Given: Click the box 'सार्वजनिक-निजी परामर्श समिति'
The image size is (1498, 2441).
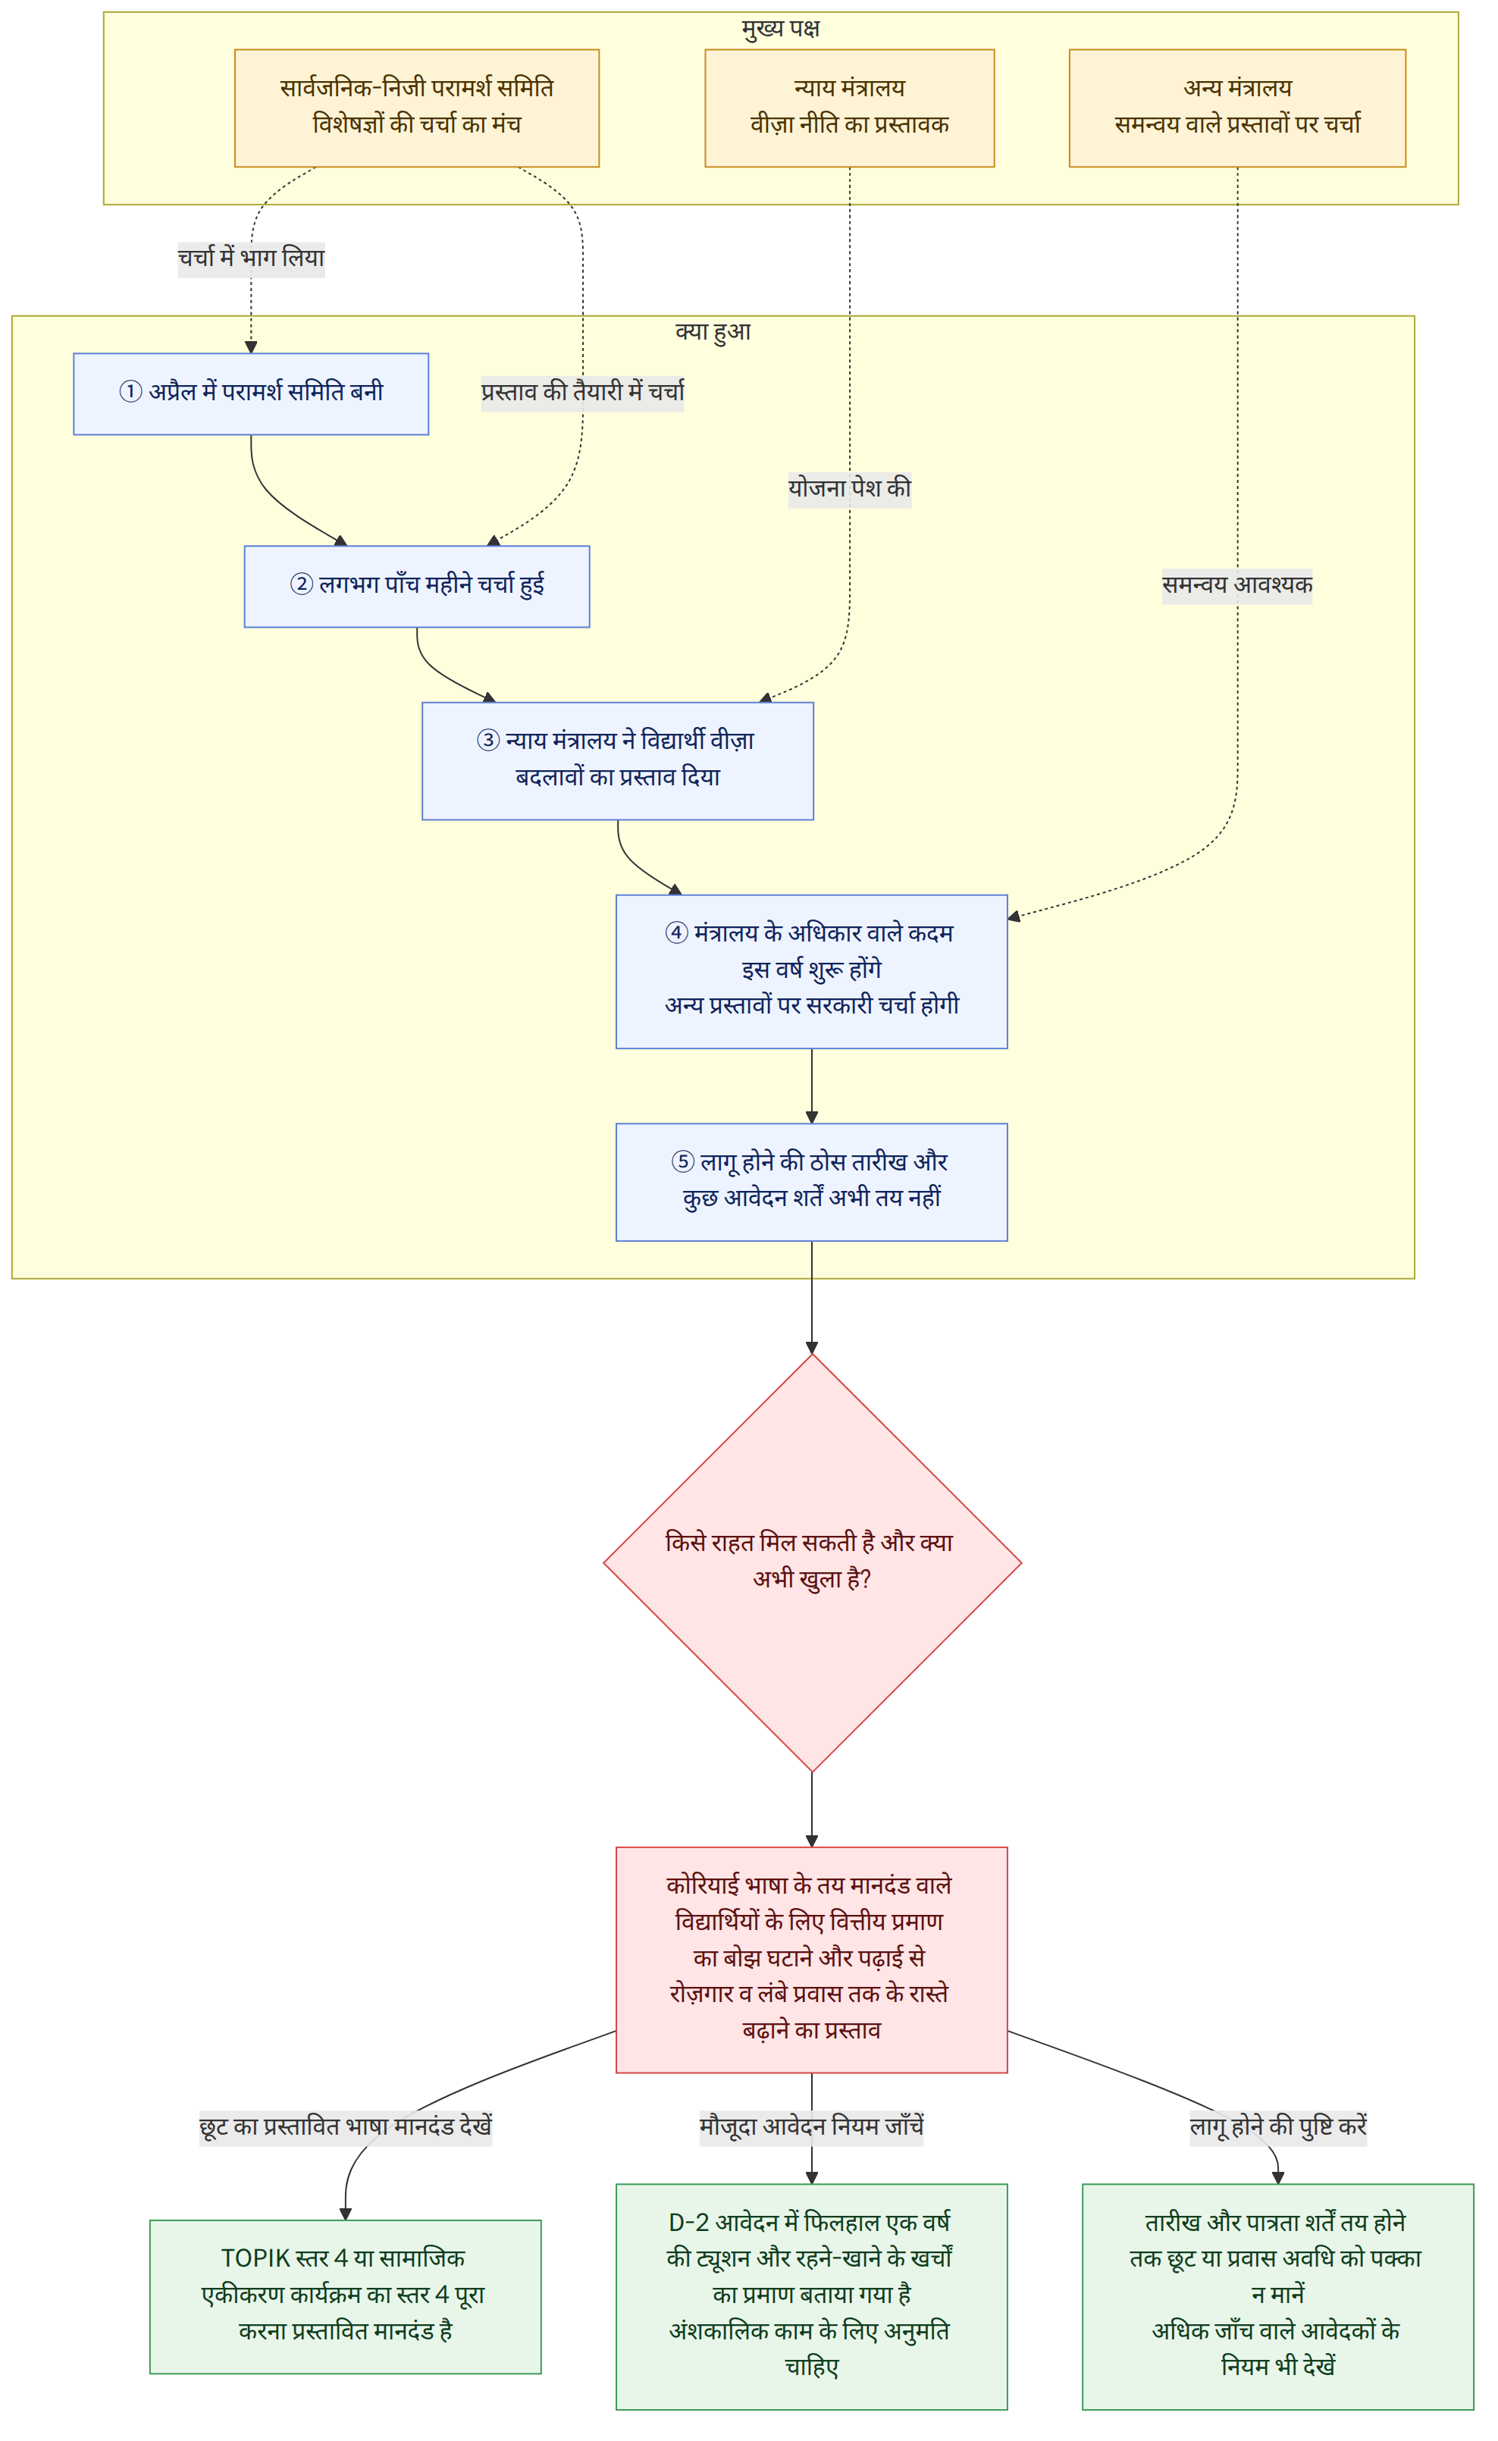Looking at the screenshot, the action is pyautogui.click(x=416, y=108).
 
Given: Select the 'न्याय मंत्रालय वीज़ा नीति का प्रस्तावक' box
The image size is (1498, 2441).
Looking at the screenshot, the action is pyautogui.click(x=849, y=108).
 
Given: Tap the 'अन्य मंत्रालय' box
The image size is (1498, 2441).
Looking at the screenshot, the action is pyautogui.click(x=1237, y=108).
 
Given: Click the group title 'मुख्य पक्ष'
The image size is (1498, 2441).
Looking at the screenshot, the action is pyautogui.click(x=781, y=29).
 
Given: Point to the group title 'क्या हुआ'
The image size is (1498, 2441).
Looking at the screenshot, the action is pyautogui.click(x=713, y=332).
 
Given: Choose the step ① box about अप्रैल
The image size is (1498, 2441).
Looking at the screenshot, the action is pyautogui.click(x=251, y=393).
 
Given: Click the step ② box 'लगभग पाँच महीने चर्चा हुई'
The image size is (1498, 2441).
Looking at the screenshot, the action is pyautogui.click(x=417, y=585).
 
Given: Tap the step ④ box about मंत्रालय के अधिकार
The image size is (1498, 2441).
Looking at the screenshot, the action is pyautogui.click(x=811, y=971).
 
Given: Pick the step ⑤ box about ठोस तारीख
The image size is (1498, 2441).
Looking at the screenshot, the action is pyautogui.click(x=811, y=1181).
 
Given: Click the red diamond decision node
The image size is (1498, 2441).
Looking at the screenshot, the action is pyautogui.click(x=811, y=1562).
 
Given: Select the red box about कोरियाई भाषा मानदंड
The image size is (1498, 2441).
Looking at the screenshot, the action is pyautogui.click(x=811, y=1959).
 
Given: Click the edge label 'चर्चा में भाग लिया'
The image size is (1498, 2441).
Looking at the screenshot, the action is pyautogui.click(x=251, y=259).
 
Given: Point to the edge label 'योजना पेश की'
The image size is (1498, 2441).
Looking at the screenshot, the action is pyautogui.click(x=849, y=490).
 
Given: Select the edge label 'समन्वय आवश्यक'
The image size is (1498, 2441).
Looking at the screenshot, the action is pyautogui.click(x=1237, y=585).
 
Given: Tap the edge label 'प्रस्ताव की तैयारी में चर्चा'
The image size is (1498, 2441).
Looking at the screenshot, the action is pyautogui.click(x=582, y=393).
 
